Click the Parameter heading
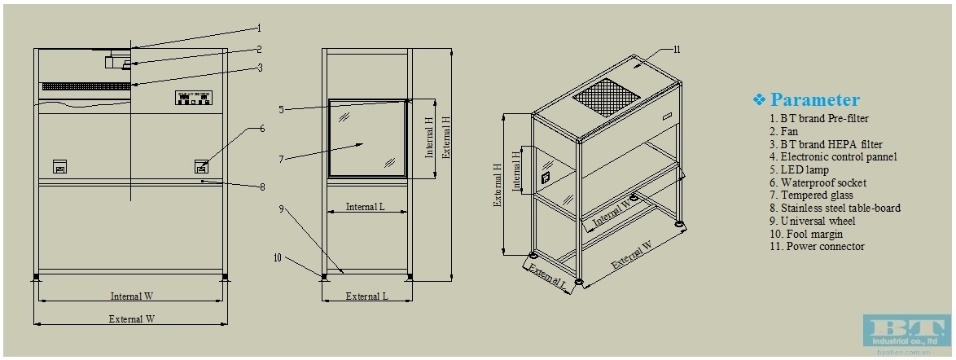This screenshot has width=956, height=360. [813, 99]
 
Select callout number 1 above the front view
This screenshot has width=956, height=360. [259, 27]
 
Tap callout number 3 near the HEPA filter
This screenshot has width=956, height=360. [259, 68]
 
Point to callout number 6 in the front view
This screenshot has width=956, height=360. [262, 129]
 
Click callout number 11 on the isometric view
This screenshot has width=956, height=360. [677, 50]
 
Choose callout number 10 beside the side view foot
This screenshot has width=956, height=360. [278, 257]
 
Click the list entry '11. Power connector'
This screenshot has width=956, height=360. [816, 246]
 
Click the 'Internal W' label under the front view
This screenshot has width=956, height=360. [131, 296]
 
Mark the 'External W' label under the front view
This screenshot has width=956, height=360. [131, 319]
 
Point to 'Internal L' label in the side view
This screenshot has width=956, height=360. [366, 207]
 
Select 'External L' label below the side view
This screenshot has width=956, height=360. [366, 296]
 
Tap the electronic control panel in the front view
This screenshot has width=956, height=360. [194, 98]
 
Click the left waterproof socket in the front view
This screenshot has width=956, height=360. [59, 166]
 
